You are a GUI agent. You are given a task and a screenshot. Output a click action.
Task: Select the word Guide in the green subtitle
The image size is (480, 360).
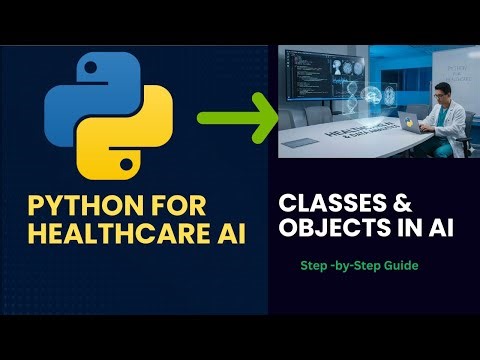pyautogui.click(x=405, y=267)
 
